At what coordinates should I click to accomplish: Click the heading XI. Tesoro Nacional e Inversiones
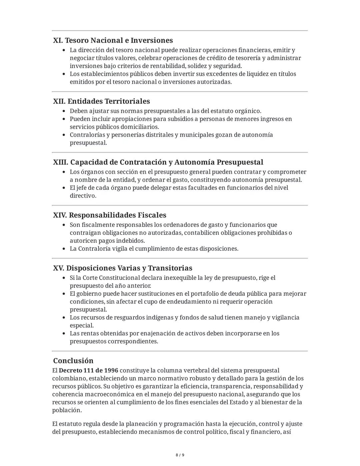[x=113, y=40]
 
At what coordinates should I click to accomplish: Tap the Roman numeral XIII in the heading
[x=60, y=162]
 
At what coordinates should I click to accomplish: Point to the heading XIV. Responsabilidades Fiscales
[x=109, y=215]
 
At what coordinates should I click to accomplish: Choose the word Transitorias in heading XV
[x=170, y=268]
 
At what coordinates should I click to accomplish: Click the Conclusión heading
[x=73, y=361]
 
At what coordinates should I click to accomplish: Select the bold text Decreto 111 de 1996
[x=88, y=370]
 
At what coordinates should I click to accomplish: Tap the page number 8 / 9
[x=180, y=455]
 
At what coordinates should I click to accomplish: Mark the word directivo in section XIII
[x=82, y=195]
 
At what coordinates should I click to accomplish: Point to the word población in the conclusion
[x=67, y=410]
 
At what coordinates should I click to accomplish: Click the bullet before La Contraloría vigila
[x=64, y=249]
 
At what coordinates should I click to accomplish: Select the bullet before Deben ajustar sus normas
[x=64, y=111]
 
